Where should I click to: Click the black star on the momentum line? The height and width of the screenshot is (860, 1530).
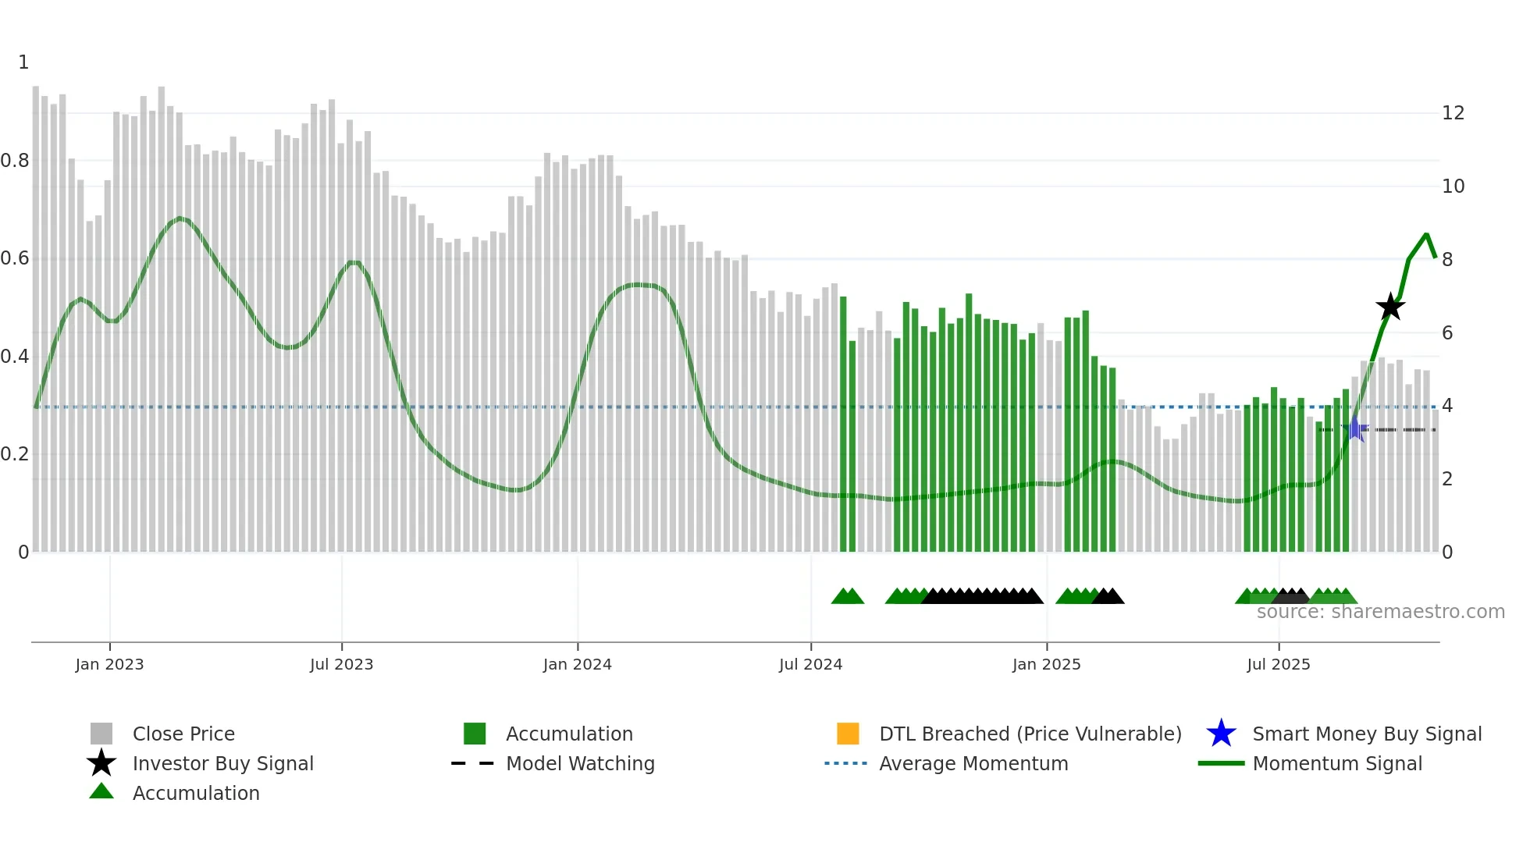click(1390, 307)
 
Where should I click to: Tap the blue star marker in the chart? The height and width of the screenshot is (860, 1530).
click(1356, 428)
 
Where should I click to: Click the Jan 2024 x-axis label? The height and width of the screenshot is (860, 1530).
click(577, 664)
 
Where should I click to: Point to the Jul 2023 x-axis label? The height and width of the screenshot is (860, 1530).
click(341, 664)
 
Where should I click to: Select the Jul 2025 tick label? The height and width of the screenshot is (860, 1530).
click(1278, 664)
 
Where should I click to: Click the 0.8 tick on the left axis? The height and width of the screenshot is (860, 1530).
click(15, 161)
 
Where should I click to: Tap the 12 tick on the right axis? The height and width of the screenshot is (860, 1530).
click(1453, 113)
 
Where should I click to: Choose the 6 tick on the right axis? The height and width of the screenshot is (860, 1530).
click(1447, 333)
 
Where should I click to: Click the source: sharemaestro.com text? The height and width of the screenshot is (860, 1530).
click(1380, 612)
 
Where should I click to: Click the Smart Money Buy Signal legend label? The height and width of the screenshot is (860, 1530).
click(1367, 734)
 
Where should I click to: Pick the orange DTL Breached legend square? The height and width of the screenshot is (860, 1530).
click(848, 734)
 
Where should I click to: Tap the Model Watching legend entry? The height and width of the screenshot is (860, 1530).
click(580, 763)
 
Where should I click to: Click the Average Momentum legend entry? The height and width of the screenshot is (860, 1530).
click(973, 763)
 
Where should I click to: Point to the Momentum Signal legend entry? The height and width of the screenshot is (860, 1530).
click(1337, 763)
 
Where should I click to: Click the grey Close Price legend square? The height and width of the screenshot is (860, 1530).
click(101, 734)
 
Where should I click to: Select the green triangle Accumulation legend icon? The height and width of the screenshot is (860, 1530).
click(101, 791)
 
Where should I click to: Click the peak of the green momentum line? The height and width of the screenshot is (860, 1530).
click(1426, 234)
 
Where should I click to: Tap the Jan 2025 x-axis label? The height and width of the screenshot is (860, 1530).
click(1046, 664)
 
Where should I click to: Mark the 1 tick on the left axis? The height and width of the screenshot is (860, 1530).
click(23, 62)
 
